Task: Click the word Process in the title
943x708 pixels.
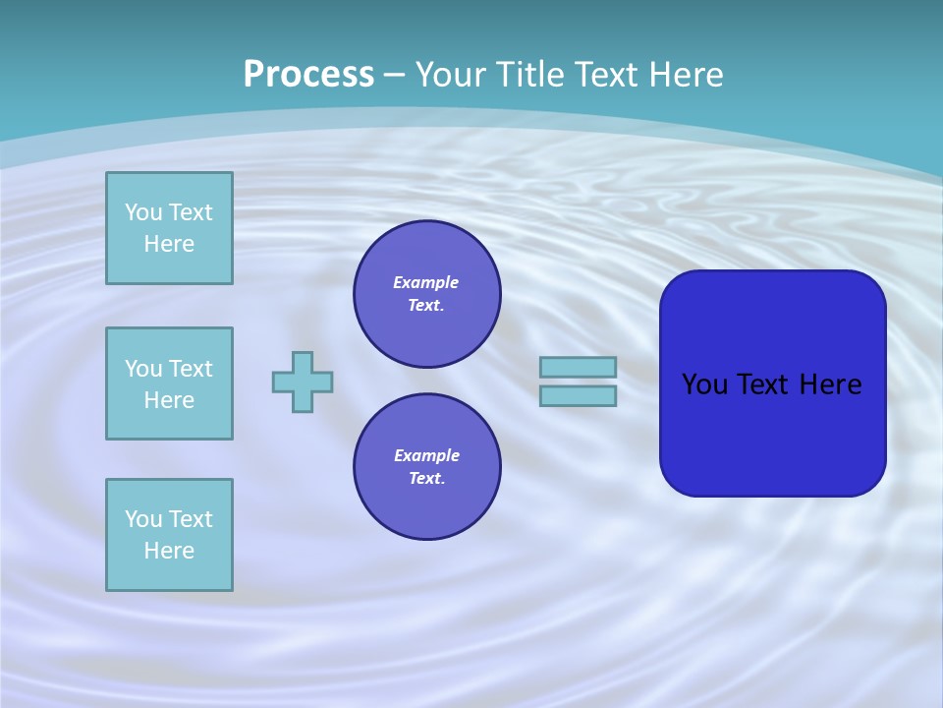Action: tap(308, 75)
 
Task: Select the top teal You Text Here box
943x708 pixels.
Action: tap(169, 228)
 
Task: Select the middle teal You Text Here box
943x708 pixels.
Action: tap(169, 383)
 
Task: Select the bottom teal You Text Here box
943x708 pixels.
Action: tap(169, 535)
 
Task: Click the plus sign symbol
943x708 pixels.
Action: tap(303, 382)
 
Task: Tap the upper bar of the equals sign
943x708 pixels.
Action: tap(578, 367)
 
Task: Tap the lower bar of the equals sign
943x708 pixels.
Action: tap(578, 396)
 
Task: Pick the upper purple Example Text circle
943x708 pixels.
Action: tap(426, 294)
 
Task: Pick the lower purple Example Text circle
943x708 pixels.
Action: tap(426, 467)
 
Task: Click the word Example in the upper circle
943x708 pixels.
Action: tap(426, 282)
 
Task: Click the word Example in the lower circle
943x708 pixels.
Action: tap(426, 455)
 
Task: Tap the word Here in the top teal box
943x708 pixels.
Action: tap(169, 244)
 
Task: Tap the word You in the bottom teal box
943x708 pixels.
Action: tap(143, 519)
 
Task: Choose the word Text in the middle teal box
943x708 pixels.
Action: tap(190, 369)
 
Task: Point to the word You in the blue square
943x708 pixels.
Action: tap(704, 384)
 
